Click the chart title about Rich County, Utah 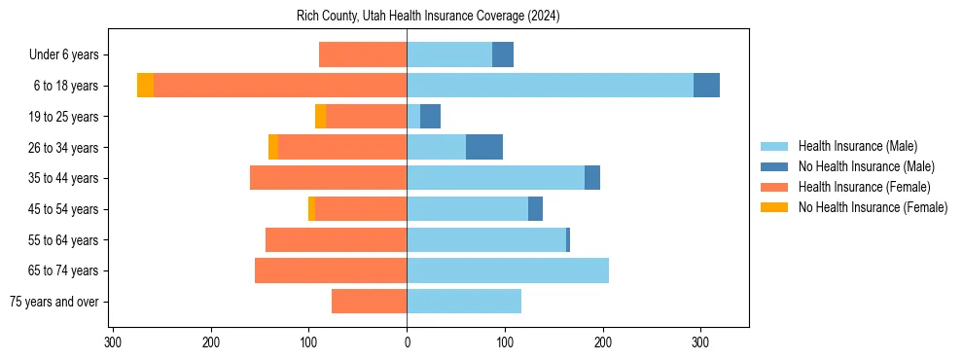click(428, 17)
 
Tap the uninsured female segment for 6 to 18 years click(145, 86)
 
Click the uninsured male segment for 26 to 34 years click(484, 147)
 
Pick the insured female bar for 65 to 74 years click(331, 270)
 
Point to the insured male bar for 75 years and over click(464, 302)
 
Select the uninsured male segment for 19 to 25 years click(430, 117)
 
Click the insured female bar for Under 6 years click(363, 55)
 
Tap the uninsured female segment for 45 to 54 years click(311, 209)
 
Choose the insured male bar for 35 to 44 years click(495, 178)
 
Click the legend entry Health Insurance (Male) click(857, 146)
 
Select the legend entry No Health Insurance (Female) click(873, 207)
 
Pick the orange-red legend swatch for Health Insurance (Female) click(775, 187)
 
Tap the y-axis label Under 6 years click(70, 55)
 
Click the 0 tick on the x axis click(407, 342)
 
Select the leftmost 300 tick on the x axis click(113, 342)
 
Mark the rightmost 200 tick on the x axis click(602, 342)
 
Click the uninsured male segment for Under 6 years click(503, 55)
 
